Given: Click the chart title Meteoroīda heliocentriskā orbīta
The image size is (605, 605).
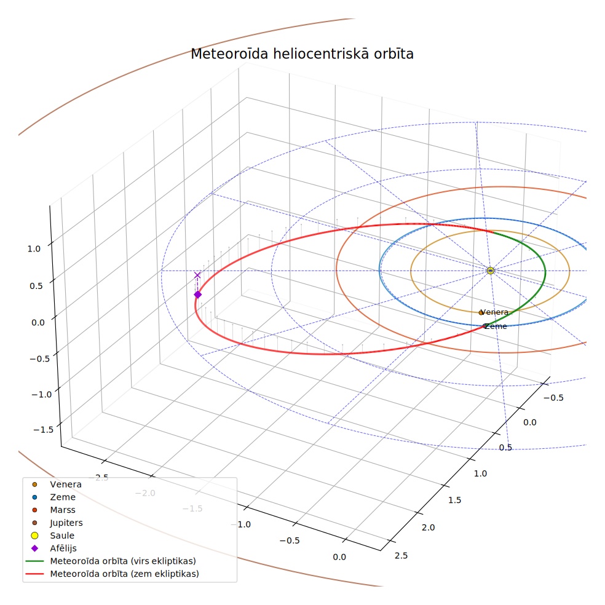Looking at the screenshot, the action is tap(302, 53).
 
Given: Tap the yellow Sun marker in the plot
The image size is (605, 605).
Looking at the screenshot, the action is tap(491, 271).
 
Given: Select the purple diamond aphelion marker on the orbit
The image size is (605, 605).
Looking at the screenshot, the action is tap(197, 295).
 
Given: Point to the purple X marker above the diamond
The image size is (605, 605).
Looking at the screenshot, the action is tap(197, 275).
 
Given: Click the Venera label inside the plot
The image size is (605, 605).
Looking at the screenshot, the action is tap(495, 312).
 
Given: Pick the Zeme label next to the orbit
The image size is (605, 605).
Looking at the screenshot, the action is tap(496, 326).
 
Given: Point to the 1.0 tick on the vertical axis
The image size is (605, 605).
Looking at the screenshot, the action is tap(34, 249).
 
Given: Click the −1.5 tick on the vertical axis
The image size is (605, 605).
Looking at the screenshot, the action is tap(43, 430).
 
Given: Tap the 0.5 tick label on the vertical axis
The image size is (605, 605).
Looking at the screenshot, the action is tap(36, 286).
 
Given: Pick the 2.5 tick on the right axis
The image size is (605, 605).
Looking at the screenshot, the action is tap(401, 556).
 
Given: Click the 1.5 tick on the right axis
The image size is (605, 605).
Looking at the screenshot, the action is tap(454, 500).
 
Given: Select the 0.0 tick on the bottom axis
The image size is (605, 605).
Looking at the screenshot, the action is tap(339, 557).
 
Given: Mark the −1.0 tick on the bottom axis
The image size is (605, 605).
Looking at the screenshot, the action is tap(241, 524).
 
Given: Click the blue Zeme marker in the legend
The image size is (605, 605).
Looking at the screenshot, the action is tap(34, 497).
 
